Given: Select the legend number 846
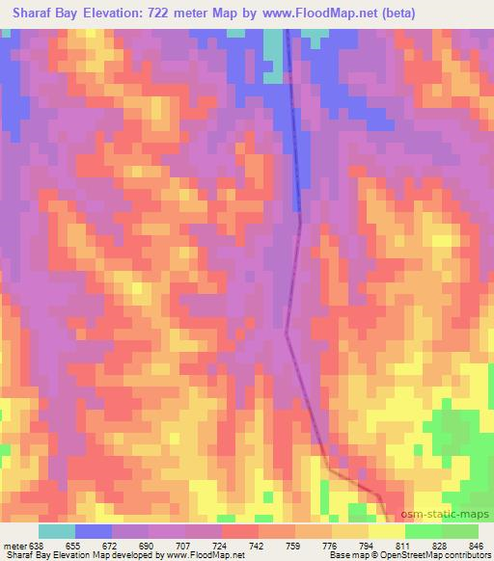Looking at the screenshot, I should (478, 547).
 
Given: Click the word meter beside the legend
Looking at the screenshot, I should (14, 547).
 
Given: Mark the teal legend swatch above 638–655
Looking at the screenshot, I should (57, 531).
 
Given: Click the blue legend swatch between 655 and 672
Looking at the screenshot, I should (94, 531).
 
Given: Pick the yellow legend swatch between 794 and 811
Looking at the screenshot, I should (387, 531).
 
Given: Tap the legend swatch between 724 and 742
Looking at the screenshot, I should (240, 531).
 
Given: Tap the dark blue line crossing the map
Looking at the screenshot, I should (294, 145).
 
